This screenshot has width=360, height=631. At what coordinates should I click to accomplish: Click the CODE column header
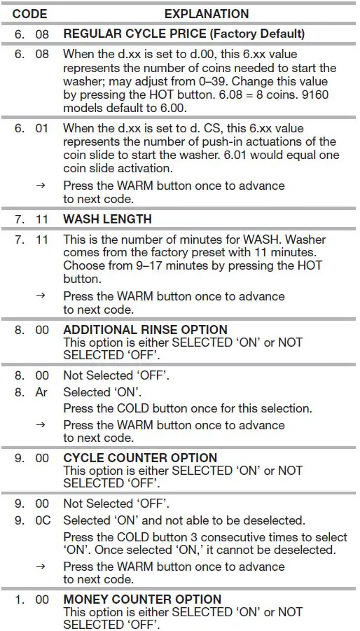pyautogui.click(x=29, y=13)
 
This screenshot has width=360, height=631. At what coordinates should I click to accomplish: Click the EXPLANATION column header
pyautogui.click(x=206, y=13)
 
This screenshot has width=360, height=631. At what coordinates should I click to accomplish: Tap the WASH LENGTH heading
pyautogui.click(x=107, y=219)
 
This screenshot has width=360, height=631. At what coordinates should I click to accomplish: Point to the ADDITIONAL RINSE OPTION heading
pyautogui.click(x=145, y=330)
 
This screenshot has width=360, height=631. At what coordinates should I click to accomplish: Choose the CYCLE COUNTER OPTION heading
pyautogui.click(x=140, y=458)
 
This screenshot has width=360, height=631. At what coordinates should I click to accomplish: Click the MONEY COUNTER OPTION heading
pyautogui.click(x=142, y=599)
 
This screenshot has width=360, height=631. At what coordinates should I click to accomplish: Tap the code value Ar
pyautogui.click(x=42, y=392)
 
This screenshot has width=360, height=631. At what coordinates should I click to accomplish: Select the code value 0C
pyautogui.click(x=42, y=520)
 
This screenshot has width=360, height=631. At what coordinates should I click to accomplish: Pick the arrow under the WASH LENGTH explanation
pyautogui.click(x=41, y=296)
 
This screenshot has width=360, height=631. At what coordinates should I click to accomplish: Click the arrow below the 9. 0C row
pyautogui.click(x=41, y=566)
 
